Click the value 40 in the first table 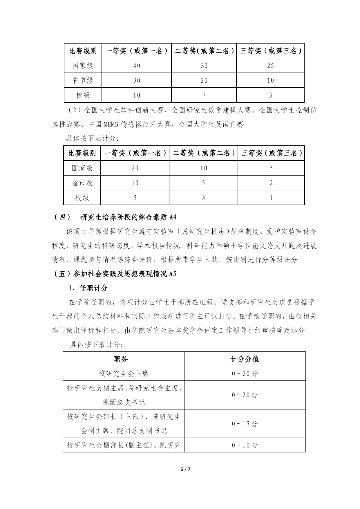pos(137,66)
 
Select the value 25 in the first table pos(270,66)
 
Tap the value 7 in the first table pos(204,95)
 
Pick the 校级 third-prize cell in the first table pos(270,95)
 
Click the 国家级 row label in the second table pos(82,168)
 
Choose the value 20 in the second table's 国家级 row pos(135,168)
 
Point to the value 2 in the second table pos(271,183)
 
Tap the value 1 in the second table pos(271,198)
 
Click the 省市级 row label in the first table pos(83,80)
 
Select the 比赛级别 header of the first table pos(83,51)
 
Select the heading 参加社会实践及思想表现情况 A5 pos(115,274)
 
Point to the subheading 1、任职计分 pos(88,288)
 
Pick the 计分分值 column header pos(245,359)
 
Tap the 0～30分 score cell pos(245,373)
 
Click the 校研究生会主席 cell pos(124,373)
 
